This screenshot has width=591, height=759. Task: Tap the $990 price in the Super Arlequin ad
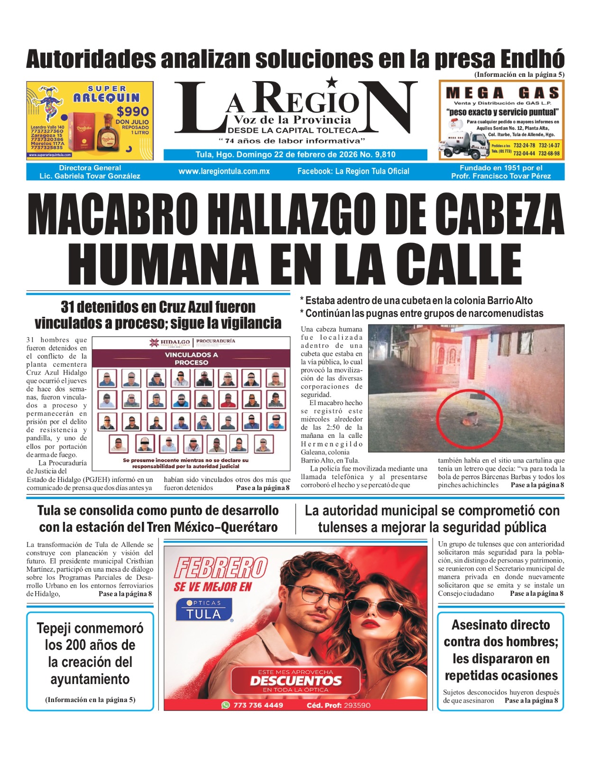pyautogui.click(x=133, y=111)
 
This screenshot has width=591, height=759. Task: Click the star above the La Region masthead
pyautogui.click(x=332, y=83)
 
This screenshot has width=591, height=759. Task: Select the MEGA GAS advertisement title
pyautogui.click(x=502, y=93)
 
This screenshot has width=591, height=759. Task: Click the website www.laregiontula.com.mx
pyautogui.click(x=224, y=171)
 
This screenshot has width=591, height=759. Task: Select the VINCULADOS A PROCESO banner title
pyautogui.click(x=191, y=359)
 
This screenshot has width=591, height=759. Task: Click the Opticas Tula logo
pyautogui.click(x=204, y=610)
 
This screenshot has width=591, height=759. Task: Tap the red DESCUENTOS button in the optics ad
pyautogui.click(x=295, y=680)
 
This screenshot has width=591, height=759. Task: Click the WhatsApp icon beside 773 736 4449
pyautogui.click(x=226, y=705)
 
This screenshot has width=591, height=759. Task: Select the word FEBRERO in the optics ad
pyautogui.click(x=221, y=568)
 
